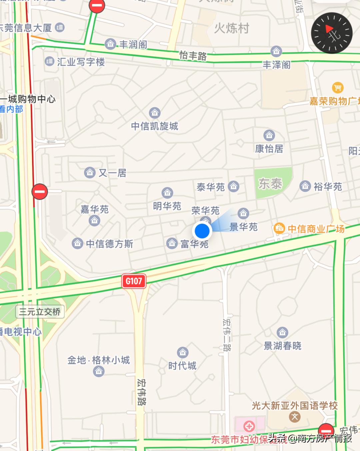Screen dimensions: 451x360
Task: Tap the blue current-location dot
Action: pos(202,231)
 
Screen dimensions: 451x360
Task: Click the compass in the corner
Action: pos(331,33)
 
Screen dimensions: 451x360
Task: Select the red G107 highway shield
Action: pos(134,281)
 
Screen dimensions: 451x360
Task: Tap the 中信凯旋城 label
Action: pos(155,126)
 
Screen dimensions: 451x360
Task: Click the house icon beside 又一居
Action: pos(90,173)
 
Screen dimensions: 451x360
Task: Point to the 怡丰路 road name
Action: pos(193,55)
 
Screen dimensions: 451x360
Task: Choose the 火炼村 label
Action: pos(231,28)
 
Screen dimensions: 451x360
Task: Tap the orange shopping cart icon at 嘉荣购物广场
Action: pos(338,88)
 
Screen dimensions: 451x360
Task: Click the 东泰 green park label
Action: pos(270,183)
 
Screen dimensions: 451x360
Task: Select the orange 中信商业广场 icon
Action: pos(279,229)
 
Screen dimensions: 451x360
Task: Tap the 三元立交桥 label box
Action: pos(40,312)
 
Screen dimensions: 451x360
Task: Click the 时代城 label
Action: pos(182,366)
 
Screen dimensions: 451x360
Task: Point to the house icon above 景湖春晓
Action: pos(282,332)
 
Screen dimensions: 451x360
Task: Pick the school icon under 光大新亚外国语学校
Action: pos(295,417)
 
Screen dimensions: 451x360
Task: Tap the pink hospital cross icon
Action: pos(249,426)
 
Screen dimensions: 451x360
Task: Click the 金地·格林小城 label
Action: pos(98,360)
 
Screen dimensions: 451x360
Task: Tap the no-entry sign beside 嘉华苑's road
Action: pos(40,192)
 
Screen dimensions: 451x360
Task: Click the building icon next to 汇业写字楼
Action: pos(49,61)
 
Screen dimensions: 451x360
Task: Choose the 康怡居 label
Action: pos(269,149)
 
